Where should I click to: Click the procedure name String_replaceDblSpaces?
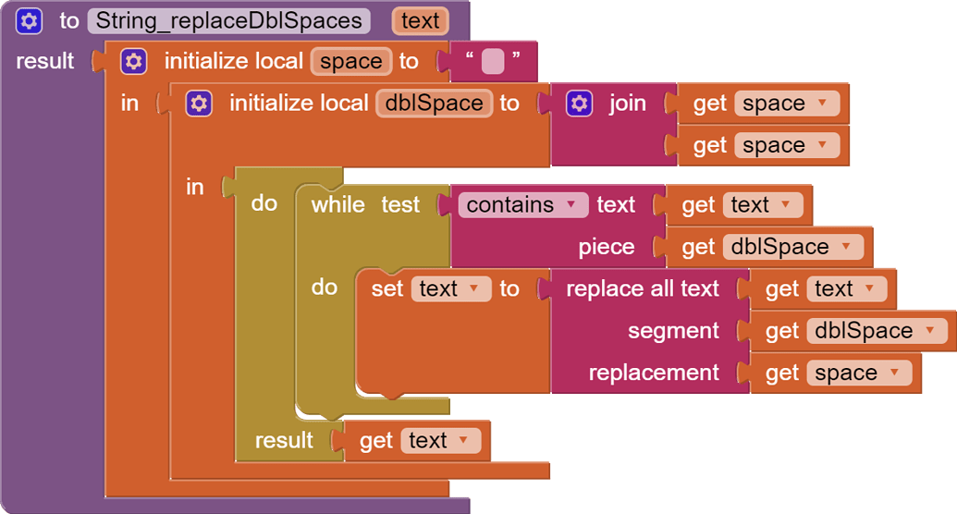(x=228, y=20)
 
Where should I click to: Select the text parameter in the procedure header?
(x=420, y=20)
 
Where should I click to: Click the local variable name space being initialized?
(x=350, y=61)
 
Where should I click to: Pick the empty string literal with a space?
(x=492, y=62)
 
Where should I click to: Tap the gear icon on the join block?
(x=578, y=103)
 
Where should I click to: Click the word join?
(x=627, y=103)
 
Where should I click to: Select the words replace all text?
(x=642, y=289)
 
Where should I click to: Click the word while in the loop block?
(x=337, y=204)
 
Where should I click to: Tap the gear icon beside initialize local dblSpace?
(x=199, y=103)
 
